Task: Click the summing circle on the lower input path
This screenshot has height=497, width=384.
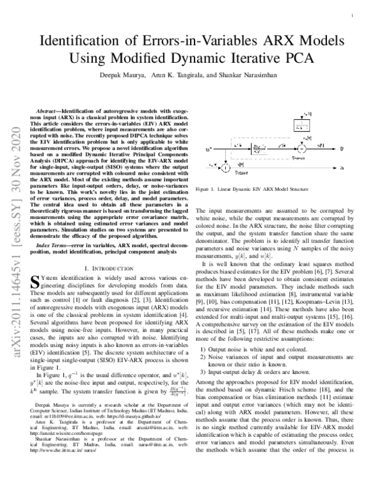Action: [227, 168]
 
